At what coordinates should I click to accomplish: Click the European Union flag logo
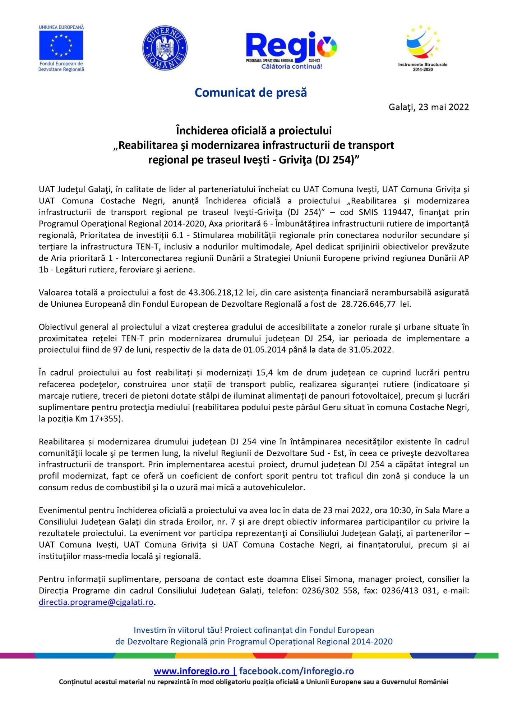(61, 46)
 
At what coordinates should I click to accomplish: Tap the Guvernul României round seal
(165, 48)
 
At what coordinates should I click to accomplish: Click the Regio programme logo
(291, 46)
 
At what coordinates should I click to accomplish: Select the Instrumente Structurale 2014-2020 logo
(423, 47)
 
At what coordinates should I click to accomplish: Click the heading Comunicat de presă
(251, 93)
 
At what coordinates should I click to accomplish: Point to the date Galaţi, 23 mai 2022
(429, 107)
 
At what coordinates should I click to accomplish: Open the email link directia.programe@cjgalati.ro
(96, 602)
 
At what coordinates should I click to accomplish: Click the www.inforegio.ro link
(191, 671)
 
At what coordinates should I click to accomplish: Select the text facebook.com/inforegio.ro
(296, 671)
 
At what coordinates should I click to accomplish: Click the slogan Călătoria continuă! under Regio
(291, 67)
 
